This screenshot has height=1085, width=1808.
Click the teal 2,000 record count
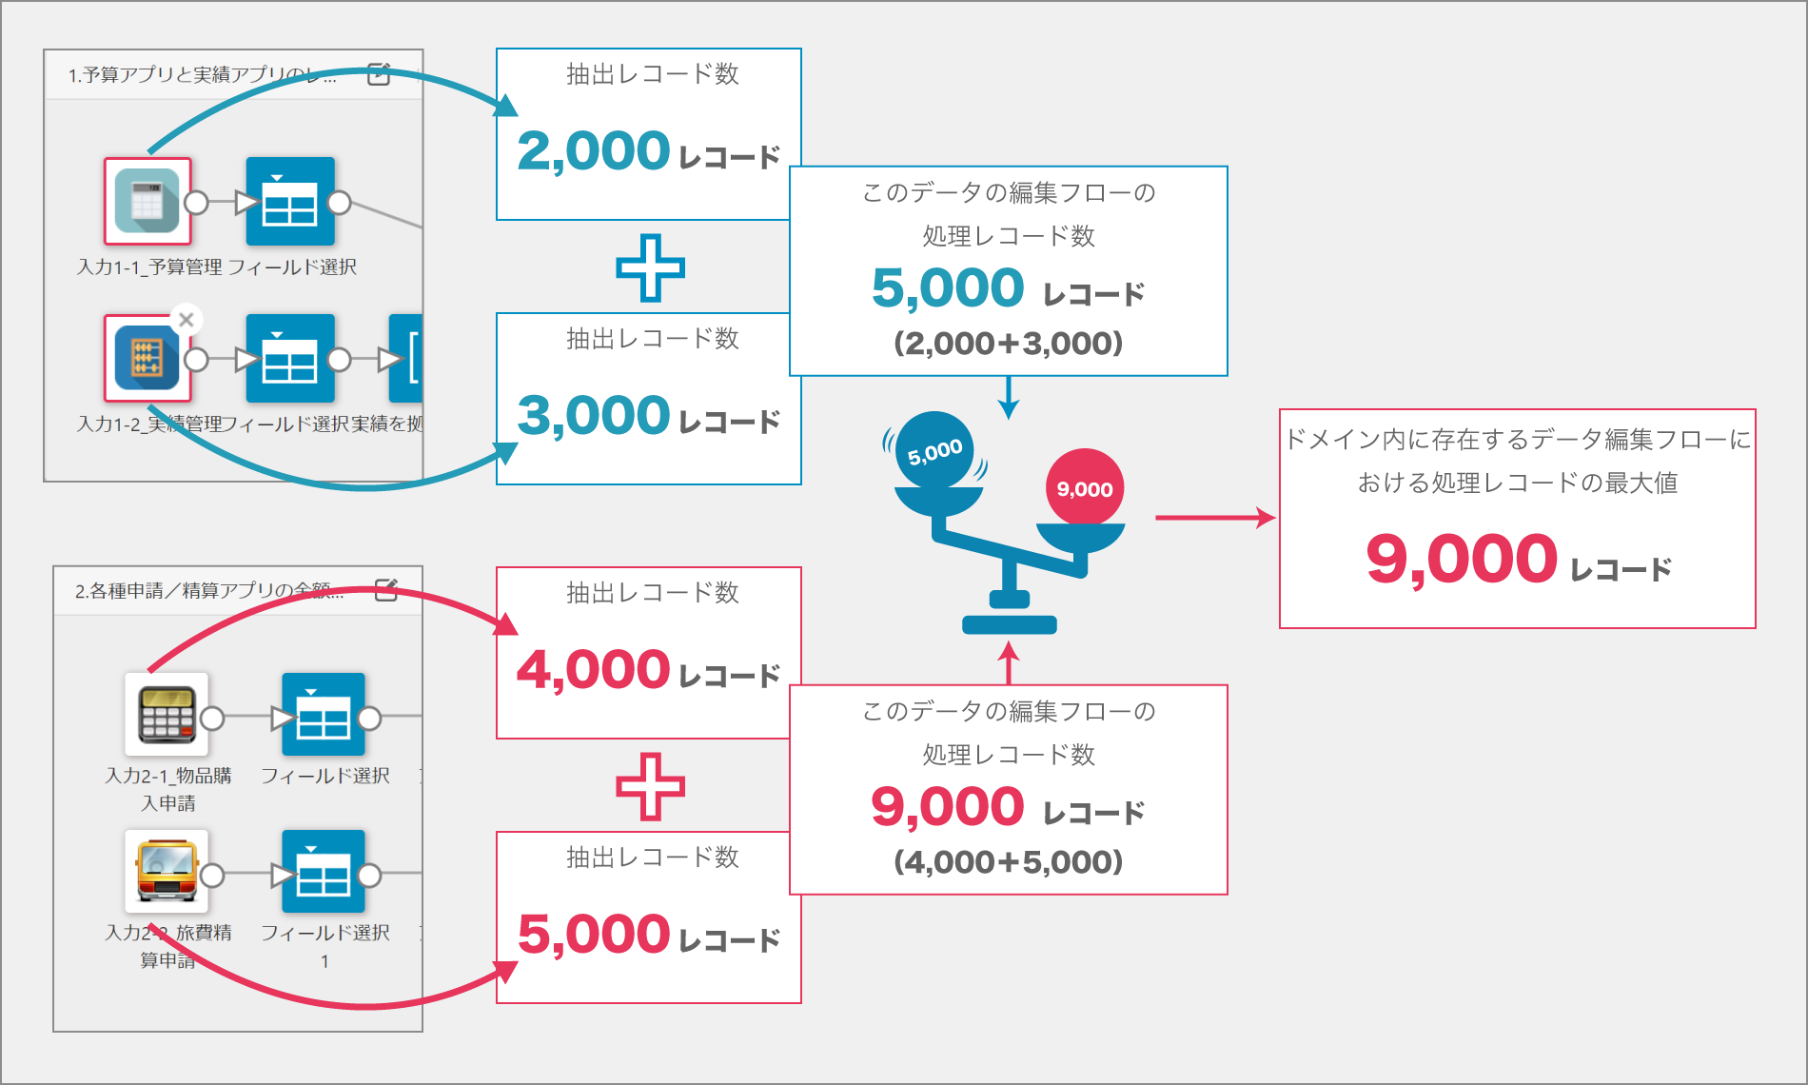tap(594, 151)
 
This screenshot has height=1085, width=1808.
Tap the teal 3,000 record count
tap(594, 416)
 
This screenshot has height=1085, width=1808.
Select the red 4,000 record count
tap(594, 670)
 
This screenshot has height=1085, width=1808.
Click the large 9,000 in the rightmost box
tap(1461, 559)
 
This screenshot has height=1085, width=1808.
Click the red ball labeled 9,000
tap(1085, 488)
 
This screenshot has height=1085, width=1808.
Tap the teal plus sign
tap(651, 267)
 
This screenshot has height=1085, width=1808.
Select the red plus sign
tap(651, 786)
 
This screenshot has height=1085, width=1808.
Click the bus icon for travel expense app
tap(167, 871)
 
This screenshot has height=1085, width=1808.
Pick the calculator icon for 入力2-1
tap(167, 714)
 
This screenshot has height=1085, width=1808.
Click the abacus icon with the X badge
tap(147, 358)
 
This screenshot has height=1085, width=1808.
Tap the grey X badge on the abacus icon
tap(187, 320)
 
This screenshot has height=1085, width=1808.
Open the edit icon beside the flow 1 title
tap(379, 74)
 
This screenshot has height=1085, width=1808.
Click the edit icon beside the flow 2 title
tap(386, 590)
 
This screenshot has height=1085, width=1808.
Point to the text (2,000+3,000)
tap(1009, 344)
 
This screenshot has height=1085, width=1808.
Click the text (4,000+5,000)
tap(1009, 862)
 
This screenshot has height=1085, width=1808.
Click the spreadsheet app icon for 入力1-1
tap(147, 201)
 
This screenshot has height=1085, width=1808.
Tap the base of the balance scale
tap(1010, 625)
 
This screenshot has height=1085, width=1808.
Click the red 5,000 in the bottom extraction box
tap(594, 935)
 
